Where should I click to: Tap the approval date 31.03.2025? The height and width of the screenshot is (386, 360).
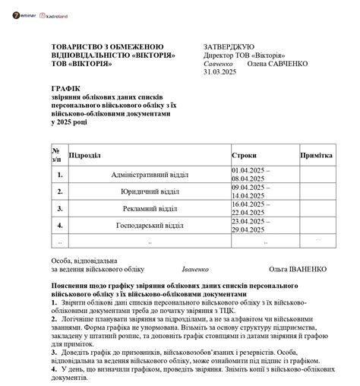(x=221, y=72)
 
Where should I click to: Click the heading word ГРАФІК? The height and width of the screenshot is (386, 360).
(x=65, y=89)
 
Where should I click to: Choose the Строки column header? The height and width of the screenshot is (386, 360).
(x=244, y=155)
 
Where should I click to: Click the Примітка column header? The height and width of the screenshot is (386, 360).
(x=317, y=155)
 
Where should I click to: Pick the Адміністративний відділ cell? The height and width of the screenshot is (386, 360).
(x=149, y=174)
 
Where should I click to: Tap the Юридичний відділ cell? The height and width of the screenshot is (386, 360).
(x=150, y=191)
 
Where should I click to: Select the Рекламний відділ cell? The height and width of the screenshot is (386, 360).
(x=150, y=208)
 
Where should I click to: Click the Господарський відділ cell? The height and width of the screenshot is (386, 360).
(x=150, y=226)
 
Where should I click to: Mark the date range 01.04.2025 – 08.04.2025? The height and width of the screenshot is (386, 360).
(x=251, y=174)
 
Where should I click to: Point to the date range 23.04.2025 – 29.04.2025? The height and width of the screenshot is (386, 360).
(x=251, y=226)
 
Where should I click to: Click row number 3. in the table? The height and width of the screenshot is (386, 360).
(x=59, y=208)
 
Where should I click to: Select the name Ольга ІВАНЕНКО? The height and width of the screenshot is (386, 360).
(x=297, y=269)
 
